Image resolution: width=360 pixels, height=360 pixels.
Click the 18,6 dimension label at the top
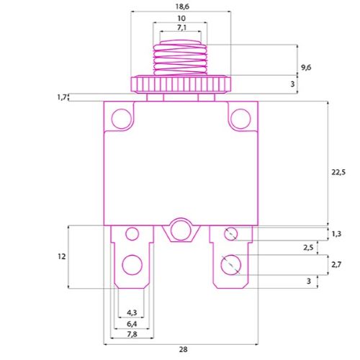[182, 6]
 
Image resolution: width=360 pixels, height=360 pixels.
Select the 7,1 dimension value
[181, 27]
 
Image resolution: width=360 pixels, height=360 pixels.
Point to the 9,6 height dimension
[306, 68]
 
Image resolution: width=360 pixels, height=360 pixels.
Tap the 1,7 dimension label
[61, 97]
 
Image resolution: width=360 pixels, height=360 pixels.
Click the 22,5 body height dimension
[338, 172]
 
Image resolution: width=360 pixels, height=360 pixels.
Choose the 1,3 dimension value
[336, 233]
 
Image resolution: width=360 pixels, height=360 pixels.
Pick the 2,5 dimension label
[308, 248]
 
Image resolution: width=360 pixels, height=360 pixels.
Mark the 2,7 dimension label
[336, 264]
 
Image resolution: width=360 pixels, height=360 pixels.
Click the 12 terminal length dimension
[62, 256]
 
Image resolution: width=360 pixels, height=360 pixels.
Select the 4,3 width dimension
[132, 312]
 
